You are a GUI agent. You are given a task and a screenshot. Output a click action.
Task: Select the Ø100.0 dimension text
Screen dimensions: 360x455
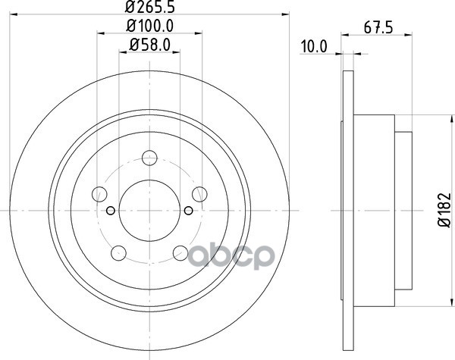(150, 27)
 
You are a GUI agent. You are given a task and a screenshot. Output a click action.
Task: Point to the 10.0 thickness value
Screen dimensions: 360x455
(313, 47)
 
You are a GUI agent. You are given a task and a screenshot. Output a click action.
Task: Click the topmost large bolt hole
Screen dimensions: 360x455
(149, 158)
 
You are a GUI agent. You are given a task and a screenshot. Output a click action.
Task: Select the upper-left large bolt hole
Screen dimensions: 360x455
(99, 193)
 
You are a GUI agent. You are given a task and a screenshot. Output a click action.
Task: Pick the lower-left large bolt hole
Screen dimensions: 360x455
(118, 253)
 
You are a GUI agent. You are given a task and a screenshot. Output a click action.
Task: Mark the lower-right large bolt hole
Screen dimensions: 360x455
(180, 253)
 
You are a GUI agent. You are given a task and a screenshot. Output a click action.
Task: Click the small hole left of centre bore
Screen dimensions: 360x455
(111, 211)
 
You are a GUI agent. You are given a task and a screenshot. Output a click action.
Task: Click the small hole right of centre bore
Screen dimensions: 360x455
(188, 211)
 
